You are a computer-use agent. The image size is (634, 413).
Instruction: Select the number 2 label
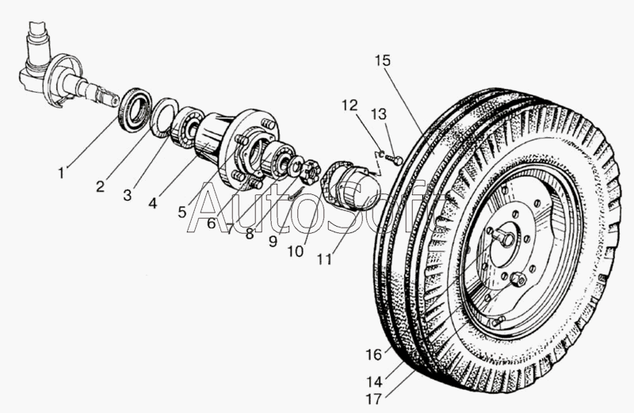click(100, 187)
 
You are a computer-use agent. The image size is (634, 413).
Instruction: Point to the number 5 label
click(182, 212)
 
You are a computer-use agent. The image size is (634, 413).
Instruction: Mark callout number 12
click(350, 105)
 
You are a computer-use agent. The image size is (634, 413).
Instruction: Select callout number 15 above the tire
click(384, 59)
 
